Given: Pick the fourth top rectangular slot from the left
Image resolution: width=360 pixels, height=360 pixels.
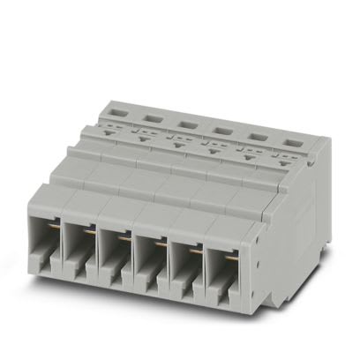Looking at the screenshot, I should (x=221, y=124).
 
